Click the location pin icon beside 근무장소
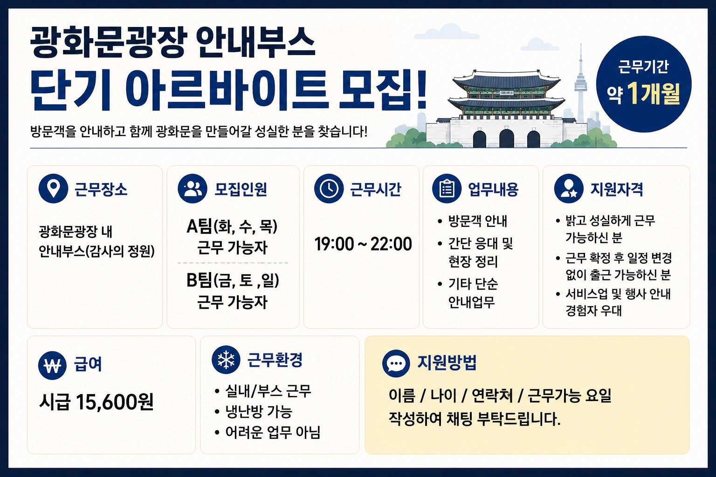point(54,189)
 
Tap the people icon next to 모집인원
point(193,189)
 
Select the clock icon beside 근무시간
point(329,189)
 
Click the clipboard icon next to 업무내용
point(447,189)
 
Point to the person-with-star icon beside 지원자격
point(569,189)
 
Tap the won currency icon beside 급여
point(52,366)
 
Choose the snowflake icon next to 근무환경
point(226,360)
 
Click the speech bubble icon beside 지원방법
point(396,364)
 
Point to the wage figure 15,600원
point(115,402)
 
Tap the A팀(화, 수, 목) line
point(232,227)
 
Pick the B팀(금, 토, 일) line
point(233,281)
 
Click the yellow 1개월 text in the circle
point(654,94)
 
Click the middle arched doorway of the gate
point(506,138)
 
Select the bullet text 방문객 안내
point(477,221)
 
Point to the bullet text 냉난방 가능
point(259,411)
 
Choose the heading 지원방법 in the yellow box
point(447,363)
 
